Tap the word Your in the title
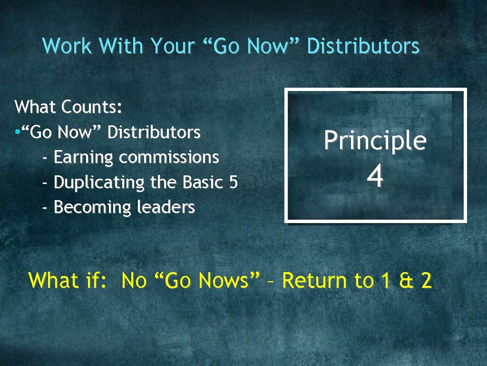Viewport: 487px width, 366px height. point(173,46)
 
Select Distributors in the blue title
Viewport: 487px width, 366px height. point(363,46)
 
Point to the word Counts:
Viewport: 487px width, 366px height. point(92,107)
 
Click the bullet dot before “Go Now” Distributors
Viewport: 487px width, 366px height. point(17,132)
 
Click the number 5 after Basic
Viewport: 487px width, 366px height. point(233,182)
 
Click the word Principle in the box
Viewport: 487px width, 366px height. point(375,141)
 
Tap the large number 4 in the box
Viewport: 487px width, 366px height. point(375,177)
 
